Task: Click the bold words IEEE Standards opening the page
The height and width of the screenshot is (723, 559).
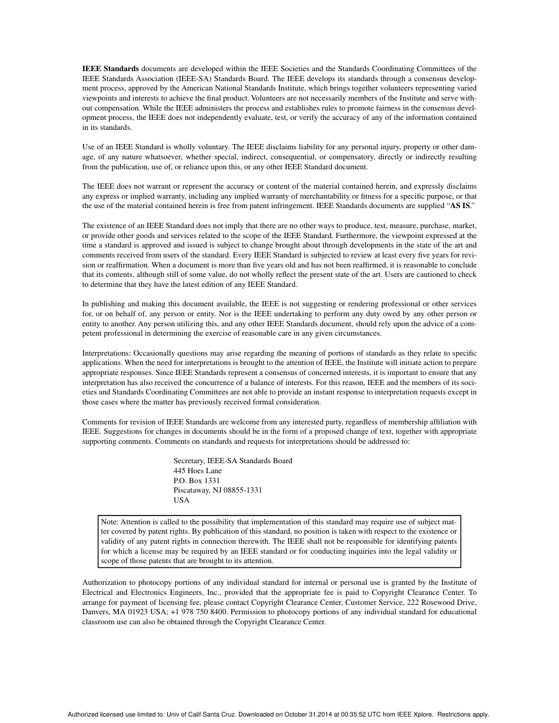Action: click(x=111, y=69)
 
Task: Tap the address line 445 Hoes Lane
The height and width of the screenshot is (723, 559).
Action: click(x=198, y=470)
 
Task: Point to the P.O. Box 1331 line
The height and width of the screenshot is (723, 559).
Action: click(x=197, y=480)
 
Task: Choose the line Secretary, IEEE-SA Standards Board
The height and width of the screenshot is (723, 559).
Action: click(x=232, y=460)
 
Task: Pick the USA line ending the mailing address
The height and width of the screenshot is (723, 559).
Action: click(x=181, y=500)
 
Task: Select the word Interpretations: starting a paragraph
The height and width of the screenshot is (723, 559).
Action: click(x=107, y=353)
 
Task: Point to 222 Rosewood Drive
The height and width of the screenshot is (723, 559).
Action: click(x=441, y=602)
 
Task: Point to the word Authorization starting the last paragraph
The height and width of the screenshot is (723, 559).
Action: click(x=104, y=583)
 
